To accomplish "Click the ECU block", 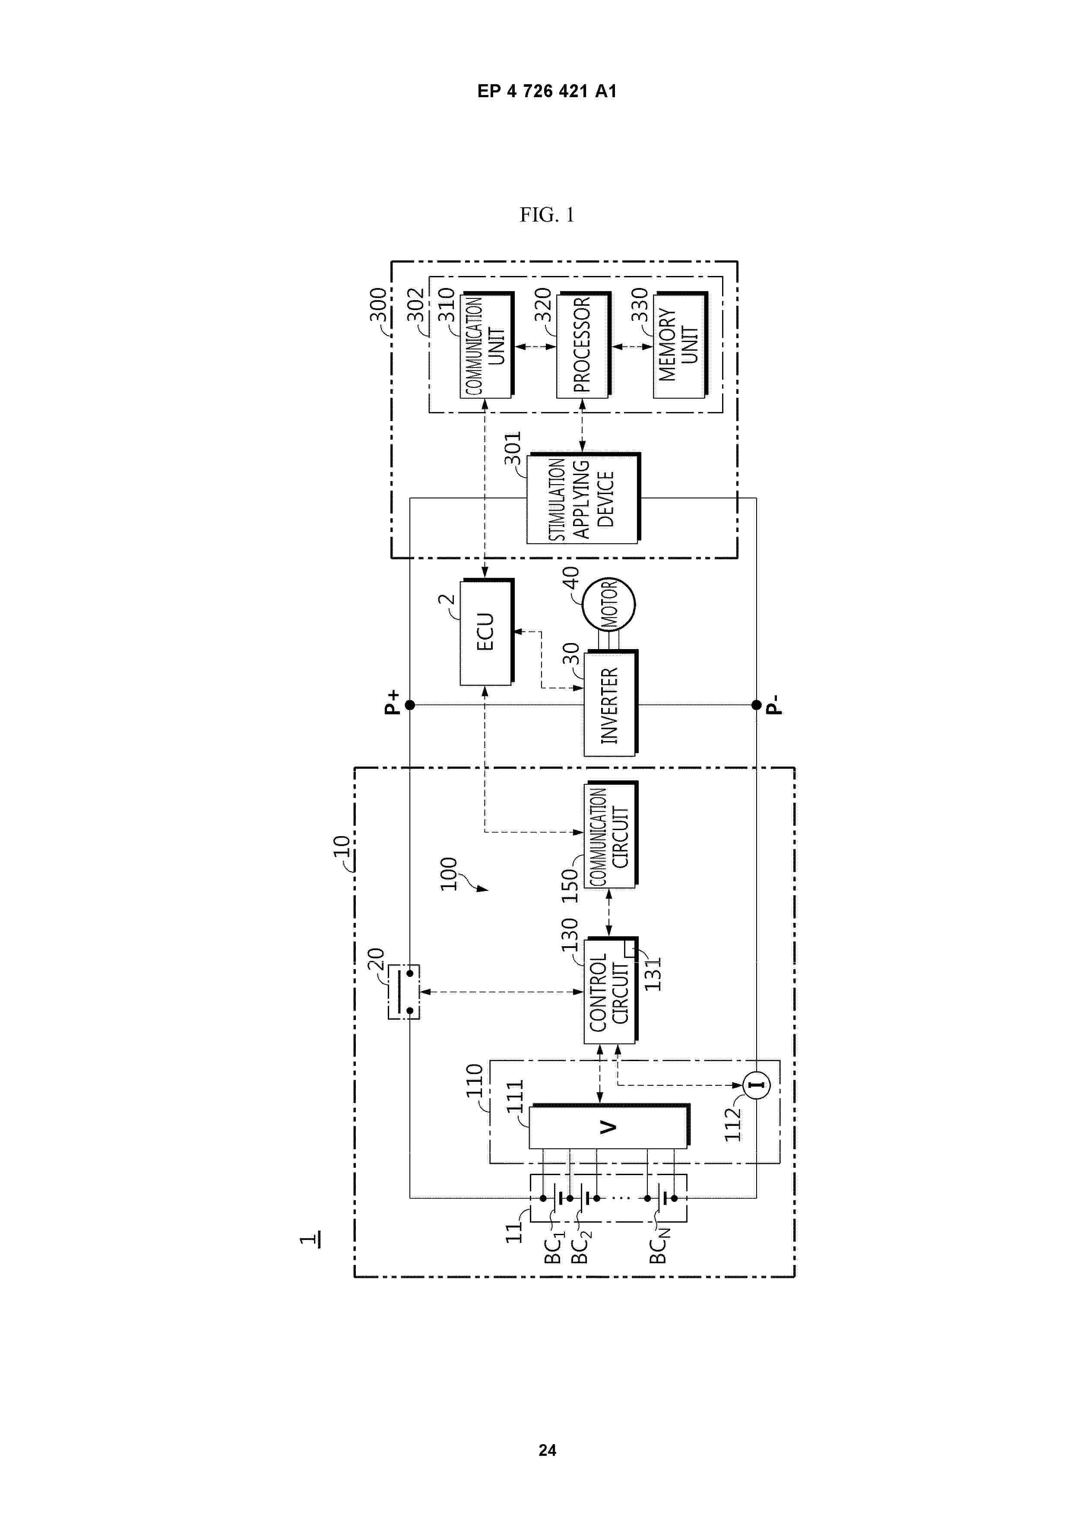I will [x=486, y=631].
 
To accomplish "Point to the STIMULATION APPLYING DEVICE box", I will [x=582, y=499].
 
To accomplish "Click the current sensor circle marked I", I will [x=756, y=1085].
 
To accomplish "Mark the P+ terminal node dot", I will [x=410, y=705].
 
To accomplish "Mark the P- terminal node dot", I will [x=756, y=705].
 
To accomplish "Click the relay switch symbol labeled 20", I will [x=403, y=992].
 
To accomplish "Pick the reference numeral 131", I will [x=652, y=974].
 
